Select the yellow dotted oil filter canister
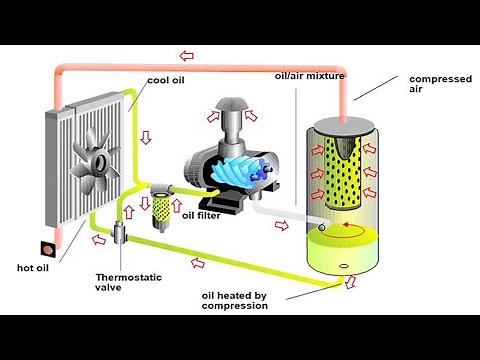[161, 208]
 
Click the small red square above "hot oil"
[44, 247]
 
